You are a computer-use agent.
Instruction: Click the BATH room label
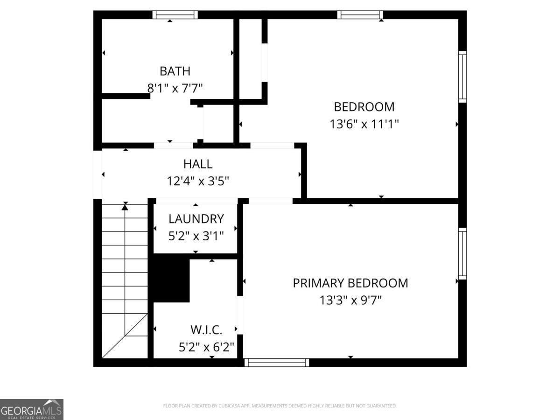tap(175, 71)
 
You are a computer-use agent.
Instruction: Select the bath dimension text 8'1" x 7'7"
tap(175, 88)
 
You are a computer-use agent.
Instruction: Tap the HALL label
tap(198, 164)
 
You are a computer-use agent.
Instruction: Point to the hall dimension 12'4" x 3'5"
tap(198, 181)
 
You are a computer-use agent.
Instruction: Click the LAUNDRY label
tap(196, 218)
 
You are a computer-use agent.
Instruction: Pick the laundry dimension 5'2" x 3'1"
tap(196, 235)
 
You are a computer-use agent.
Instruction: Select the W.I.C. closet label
tap(206, 330)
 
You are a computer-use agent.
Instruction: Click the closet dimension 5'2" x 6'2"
tap(206, 347)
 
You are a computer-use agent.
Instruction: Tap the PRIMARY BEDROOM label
tap(350, 283)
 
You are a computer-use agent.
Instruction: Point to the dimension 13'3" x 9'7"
tap(350, 300)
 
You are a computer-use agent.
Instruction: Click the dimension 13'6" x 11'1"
tap(364, 124)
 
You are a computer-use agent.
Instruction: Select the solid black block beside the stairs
tap(171, 280)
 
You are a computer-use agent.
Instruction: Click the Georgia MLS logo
tap(31, 409)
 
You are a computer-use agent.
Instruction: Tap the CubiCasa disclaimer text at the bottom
tap(280, 406)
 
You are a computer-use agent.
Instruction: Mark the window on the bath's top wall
tap(175, 15)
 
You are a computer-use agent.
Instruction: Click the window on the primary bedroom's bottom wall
tap(276, 363)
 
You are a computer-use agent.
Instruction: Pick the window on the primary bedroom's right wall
tap(462, 253)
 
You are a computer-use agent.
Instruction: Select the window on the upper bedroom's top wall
tap(360, 15)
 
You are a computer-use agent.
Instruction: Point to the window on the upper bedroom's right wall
tap(462, 77)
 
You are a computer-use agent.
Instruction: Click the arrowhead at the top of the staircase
tap(125, 206)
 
